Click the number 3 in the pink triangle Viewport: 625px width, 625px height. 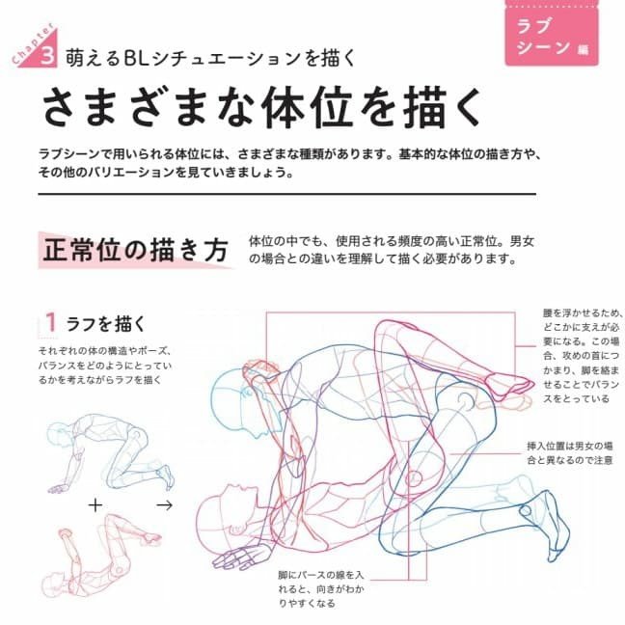pyautogui.click(x=47, y=56)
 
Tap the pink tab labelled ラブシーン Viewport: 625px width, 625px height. pyautogui.click(x=552, y=37)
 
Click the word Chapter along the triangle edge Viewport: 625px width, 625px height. pyautogui.click(x=33, y=43)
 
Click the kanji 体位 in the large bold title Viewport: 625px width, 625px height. pyautogui.click(x=308, y=108)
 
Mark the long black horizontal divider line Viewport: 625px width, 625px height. pyautogui.click(x=287, y=194)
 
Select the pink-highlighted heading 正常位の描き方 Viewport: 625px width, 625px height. pyautogui.click(x=136, y=251)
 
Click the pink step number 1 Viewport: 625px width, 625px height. pyautogui.click(x=50, y=322)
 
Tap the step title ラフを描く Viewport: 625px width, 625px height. pyautogui.click(x=106, y=324)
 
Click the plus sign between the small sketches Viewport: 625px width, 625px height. pyautogui.click(x=95, y=505)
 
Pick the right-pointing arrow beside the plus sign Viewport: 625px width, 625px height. pyautogui.click(x=165, y=505)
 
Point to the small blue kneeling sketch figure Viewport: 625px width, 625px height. pyautogui.click(x=110, y=453)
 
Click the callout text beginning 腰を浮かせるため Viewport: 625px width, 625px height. pyautogui.click(x=582, y=356)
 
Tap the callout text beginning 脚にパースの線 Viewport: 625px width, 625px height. pyautogui.click(x=321, y=588)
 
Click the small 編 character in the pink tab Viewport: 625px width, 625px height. pyautogui.click(x=584, y=49)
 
